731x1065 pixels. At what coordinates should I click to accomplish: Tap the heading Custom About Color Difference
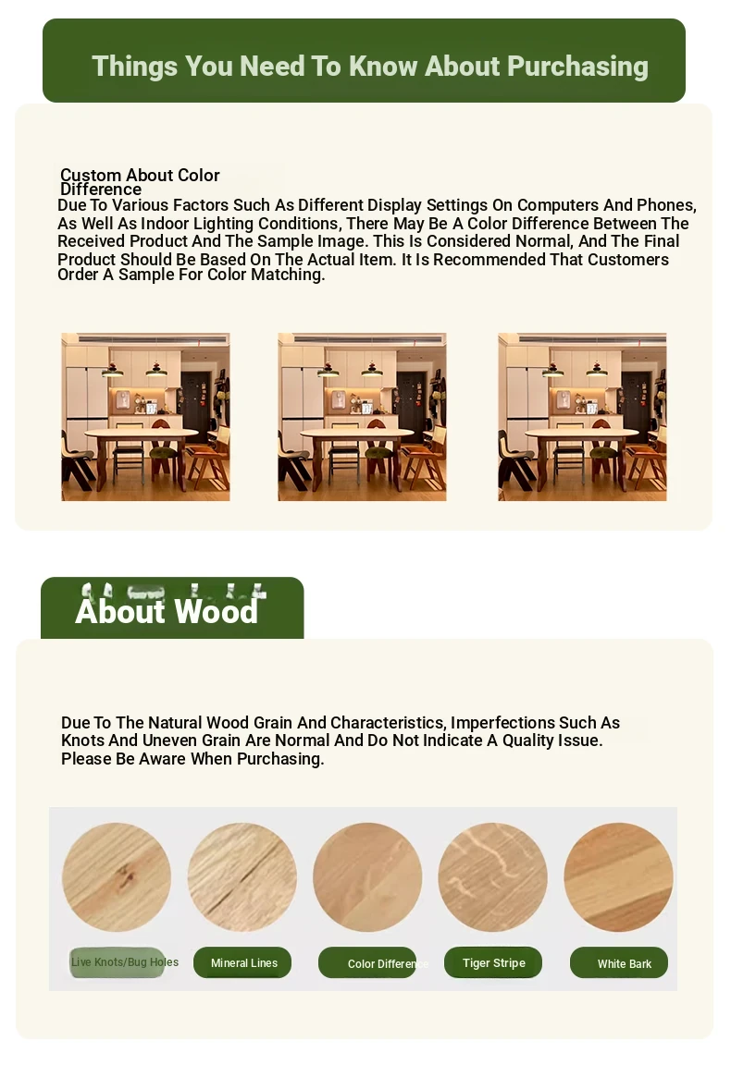coord(140,181)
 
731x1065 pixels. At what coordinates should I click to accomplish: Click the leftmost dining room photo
coord(145,417)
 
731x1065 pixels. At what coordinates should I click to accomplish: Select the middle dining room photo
coord(362,417)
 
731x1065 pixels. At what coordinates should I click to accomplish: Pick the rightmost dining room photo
coord(582,417)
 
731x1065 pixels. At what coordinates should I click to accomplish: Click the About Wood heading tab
coord(167,610)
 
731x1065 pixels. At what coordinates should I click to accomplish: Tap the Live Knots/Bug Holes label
coord(124,962)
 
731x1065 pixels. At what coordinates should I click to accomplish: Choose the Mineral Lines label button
coord(243,963)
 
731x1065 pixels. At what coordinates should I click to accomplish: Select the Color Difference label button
coord(369,963)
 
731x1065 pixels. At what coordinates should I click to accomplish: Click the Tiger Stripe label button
coord(493,962)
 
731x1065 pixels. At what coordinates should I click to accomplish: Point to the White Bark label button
coord(619,963)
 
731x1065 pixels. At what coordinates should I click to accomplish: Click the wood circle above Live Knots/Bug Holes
coord(117,877)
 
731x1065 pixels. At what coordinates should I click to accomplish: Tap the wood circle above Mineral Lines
coord(242,877)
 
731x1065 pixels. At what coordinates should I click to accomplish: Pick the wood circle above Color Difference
coord(367,877)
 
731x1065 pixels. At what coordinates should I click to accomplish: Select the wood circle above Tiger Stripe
coord(492,877)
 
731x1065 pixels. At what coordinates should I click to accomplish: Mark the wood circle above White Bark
coord(618,877)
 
